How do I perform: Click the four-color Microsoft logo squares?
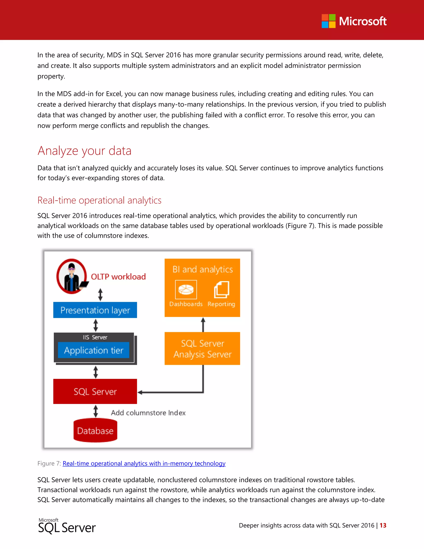(x=328, y=21)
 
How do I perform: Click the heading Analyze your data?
(x=84, y=151)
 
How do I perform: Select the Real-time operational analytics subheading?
(x=99, y=200)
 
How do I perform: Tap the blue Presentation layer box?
(x=95, y=310)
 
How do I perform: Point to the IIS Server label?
(x=95, y=337)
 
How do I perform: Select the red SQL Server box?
(x=95, y=391)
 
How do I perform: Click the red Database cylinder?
(x=95, y=431)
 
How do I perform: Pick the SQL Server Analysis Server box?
(x=202, y=349)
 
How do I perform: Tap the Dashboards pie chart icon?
(x=186, y=290)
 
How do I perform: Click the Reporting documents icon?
(x=221, y=290)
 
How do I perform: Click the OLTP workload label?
(x=118, y=277)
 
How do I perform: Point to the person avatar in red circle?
(x=72, y=276)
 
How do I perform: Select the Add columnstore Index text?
(x=148, y=413)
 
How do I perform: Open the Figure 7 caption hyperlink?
(x=144, y=463)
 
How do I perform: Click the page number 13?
(x=383, y=525)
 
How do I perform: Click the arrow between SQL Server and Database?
(x=95, y=411)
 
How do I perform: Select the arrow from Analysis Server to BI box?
(x=203, y=324)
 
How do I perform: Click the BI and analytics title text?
(x=202, y=270)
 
